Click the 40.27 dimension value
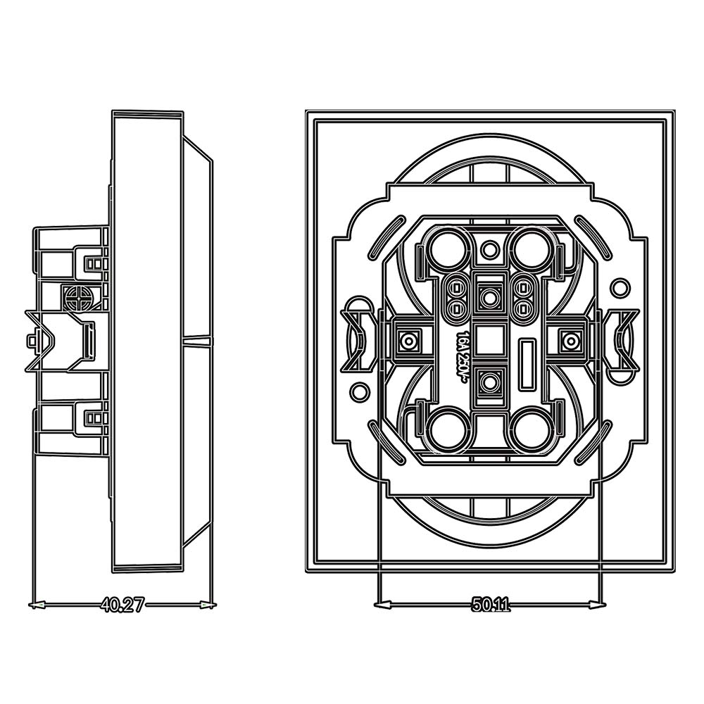click(122, 605)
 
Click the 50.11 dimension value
click(491, 605)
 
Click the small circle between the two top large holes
click(490, 248)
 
